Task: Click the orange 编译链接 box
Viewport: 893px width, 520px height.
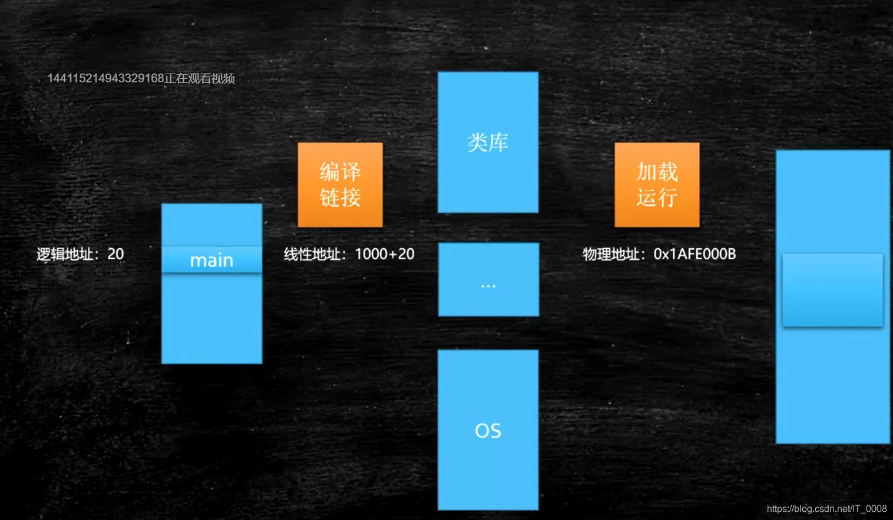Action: (x=340, y=185)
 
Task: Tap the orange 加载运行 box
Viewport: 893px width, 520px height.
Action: (x=657, y=185)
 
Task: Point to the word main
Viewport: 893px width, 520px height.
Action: (x=211, y=261)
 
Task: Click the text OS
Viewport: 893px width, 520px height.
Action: (x=488, y=431)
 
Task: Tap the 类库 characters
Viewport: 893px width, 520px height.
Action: (x=488, y=142)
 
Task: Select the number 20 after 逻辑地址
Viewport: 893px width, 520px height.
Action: (x=115, y=254)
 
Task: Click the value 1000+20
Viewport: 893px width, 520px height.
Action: (x=385, y=254)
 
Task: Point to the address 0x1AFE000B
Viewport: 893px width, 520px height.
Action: (x=694, y=254)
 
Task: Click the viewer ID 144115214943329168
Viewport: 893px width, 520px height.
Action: (x=105, y=78)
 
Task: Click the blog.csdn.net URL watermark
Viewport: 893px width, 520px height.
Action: (x=826, y=509)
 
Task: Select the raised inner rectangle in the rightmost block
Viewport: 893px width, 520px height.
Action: (x=832, y=290)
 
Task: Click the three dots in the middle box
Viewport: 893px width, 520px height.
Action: (x=488, y=286)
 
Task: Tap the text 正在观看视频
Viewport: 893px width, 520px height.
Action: (x=200, y=78)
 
